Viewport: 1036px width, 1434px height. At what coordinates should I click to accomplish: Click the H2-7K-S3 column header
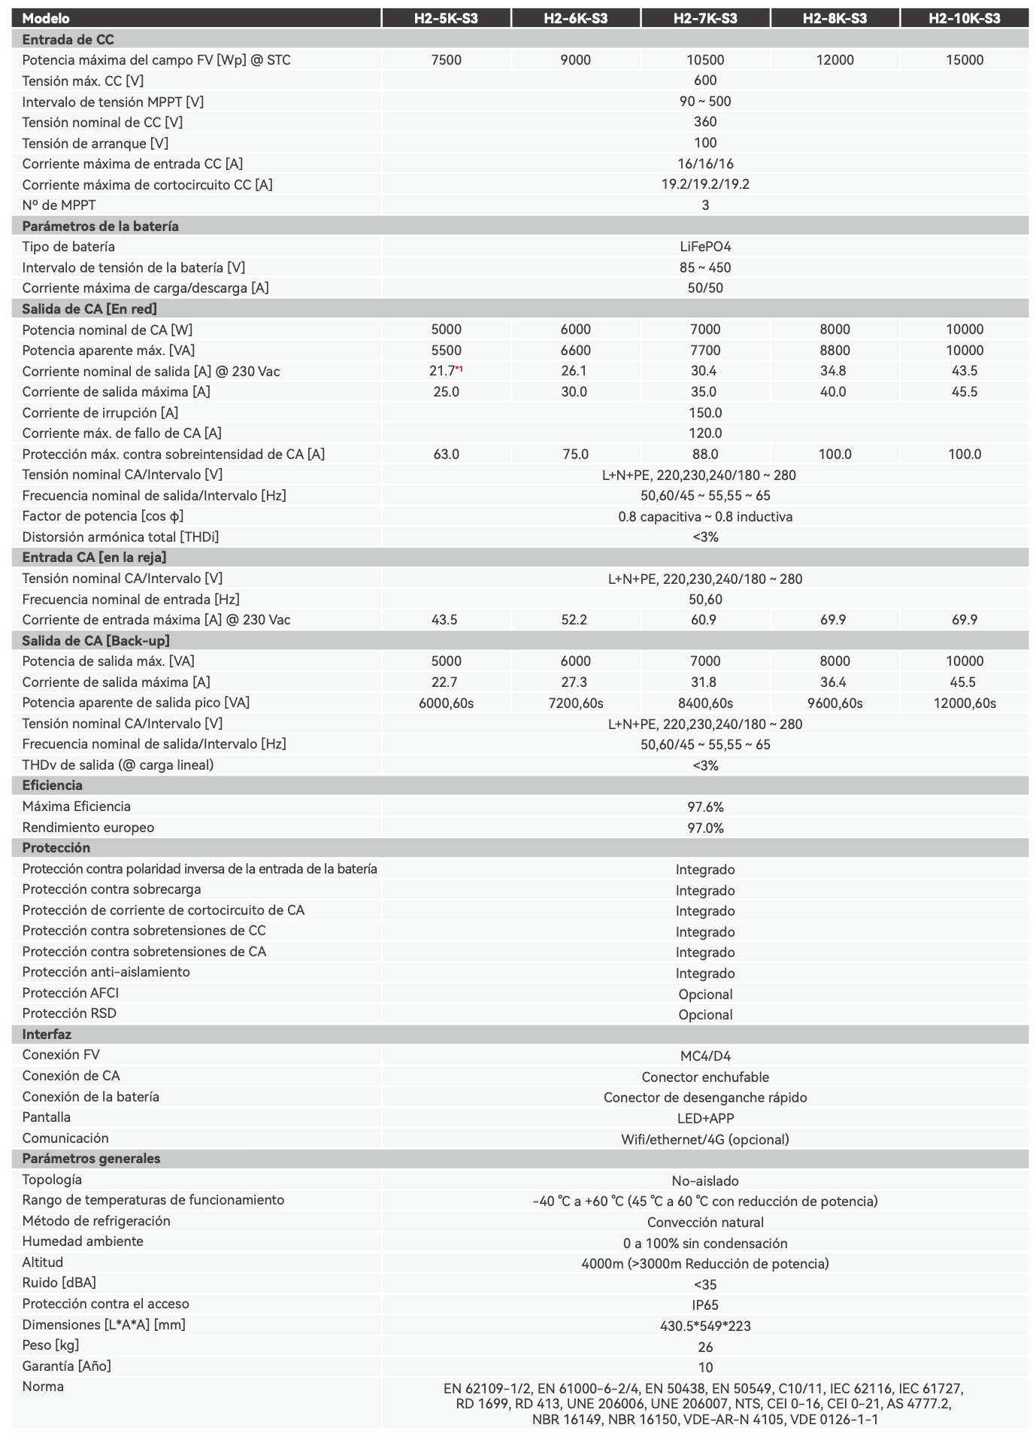click(704, 18)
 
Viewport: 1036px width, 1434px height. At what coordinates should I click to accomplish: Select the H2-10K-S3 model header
click(964, 18)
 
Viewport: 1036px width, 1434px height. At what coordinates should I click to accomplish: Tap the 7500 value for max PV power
click(446, 60)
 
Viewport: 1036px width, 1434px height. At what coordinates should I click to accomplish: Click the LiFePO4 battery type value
click(704, 247)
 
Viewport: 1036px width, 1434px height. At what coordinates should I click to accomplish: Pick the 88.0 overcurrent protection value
click(704, 454)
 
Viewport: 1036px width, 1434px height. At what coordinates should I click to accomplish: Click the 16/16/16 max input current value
click(704, 164)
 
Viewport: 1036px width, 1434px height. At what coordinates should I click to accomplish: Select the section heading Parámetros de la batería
click(100, 226)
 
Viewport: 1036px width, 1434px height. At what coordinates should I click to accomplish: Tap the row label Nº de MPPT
click(59, 205)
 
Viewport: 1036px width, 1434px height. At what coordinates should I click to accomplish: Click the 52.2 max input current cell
click(575, 620)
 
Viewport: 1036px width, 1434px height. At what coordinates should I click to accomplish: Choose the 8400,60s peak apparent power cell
click(704, 703)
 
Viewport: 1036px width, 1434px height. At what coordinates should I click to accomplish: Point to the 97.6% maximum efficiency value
click(704, 807)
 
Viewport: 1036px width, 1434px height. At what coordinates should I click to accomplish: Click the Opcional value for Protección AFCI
click(704, 995)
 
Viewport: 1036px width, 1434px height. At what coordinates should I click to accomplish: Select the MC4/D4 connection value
click(704, 1056)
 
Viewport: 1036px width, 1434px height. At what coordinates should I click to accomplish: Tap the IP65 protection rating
click(704, 1305)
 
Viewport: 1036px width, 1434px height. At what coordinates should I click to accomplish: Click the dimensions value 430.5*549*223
click(704, 1326)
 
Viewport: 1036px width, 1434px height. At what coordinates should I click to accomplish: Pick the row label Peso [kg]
click(50, 1345)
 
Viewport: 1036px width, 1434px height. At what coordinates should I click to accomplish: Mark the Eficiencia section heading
click(52, 785)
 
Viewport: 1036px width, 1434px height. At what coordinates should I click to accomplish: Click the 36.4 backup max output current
click(835, 682)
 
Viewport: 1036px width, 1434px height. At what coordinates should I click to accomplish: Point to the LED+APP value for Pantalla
click(704, 1119)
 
